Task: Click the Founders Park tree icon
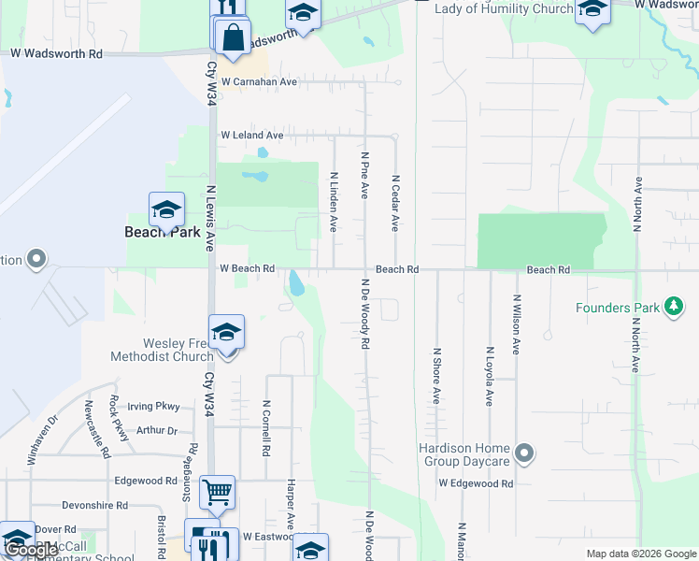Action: click(x=673, y=307)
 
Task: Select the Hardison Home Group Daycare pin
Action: click(x=524, y=454)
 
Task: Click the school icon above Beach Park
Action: click(x=166, y=209)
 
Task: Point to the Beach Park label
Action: click(x=163, y=231)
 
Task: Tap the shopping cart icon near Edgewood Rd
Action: click(x=217, y=490)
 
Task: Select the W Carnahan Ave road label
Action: click(x=259, y=82)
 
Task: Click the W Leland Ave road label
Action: click(x=251, y=136)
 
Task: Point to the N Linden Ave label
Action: click(x=333, y=201)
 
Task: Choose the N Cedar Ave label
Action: click(x=395, y=203)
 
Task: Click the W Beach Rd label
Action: click(x=247, y=268)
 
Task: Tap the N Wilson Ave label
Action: click(x=515, y=324)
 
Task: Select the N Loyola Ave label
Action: click(x=488, y=376)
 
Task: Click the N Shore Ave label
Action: click(x=435, y=376)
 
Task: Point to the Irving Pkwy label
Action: click(x=152, y=407)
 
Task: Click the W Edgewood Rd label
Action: click(x=476, y=483)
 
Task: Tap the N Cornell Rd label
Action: click(x=266, y=428)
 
